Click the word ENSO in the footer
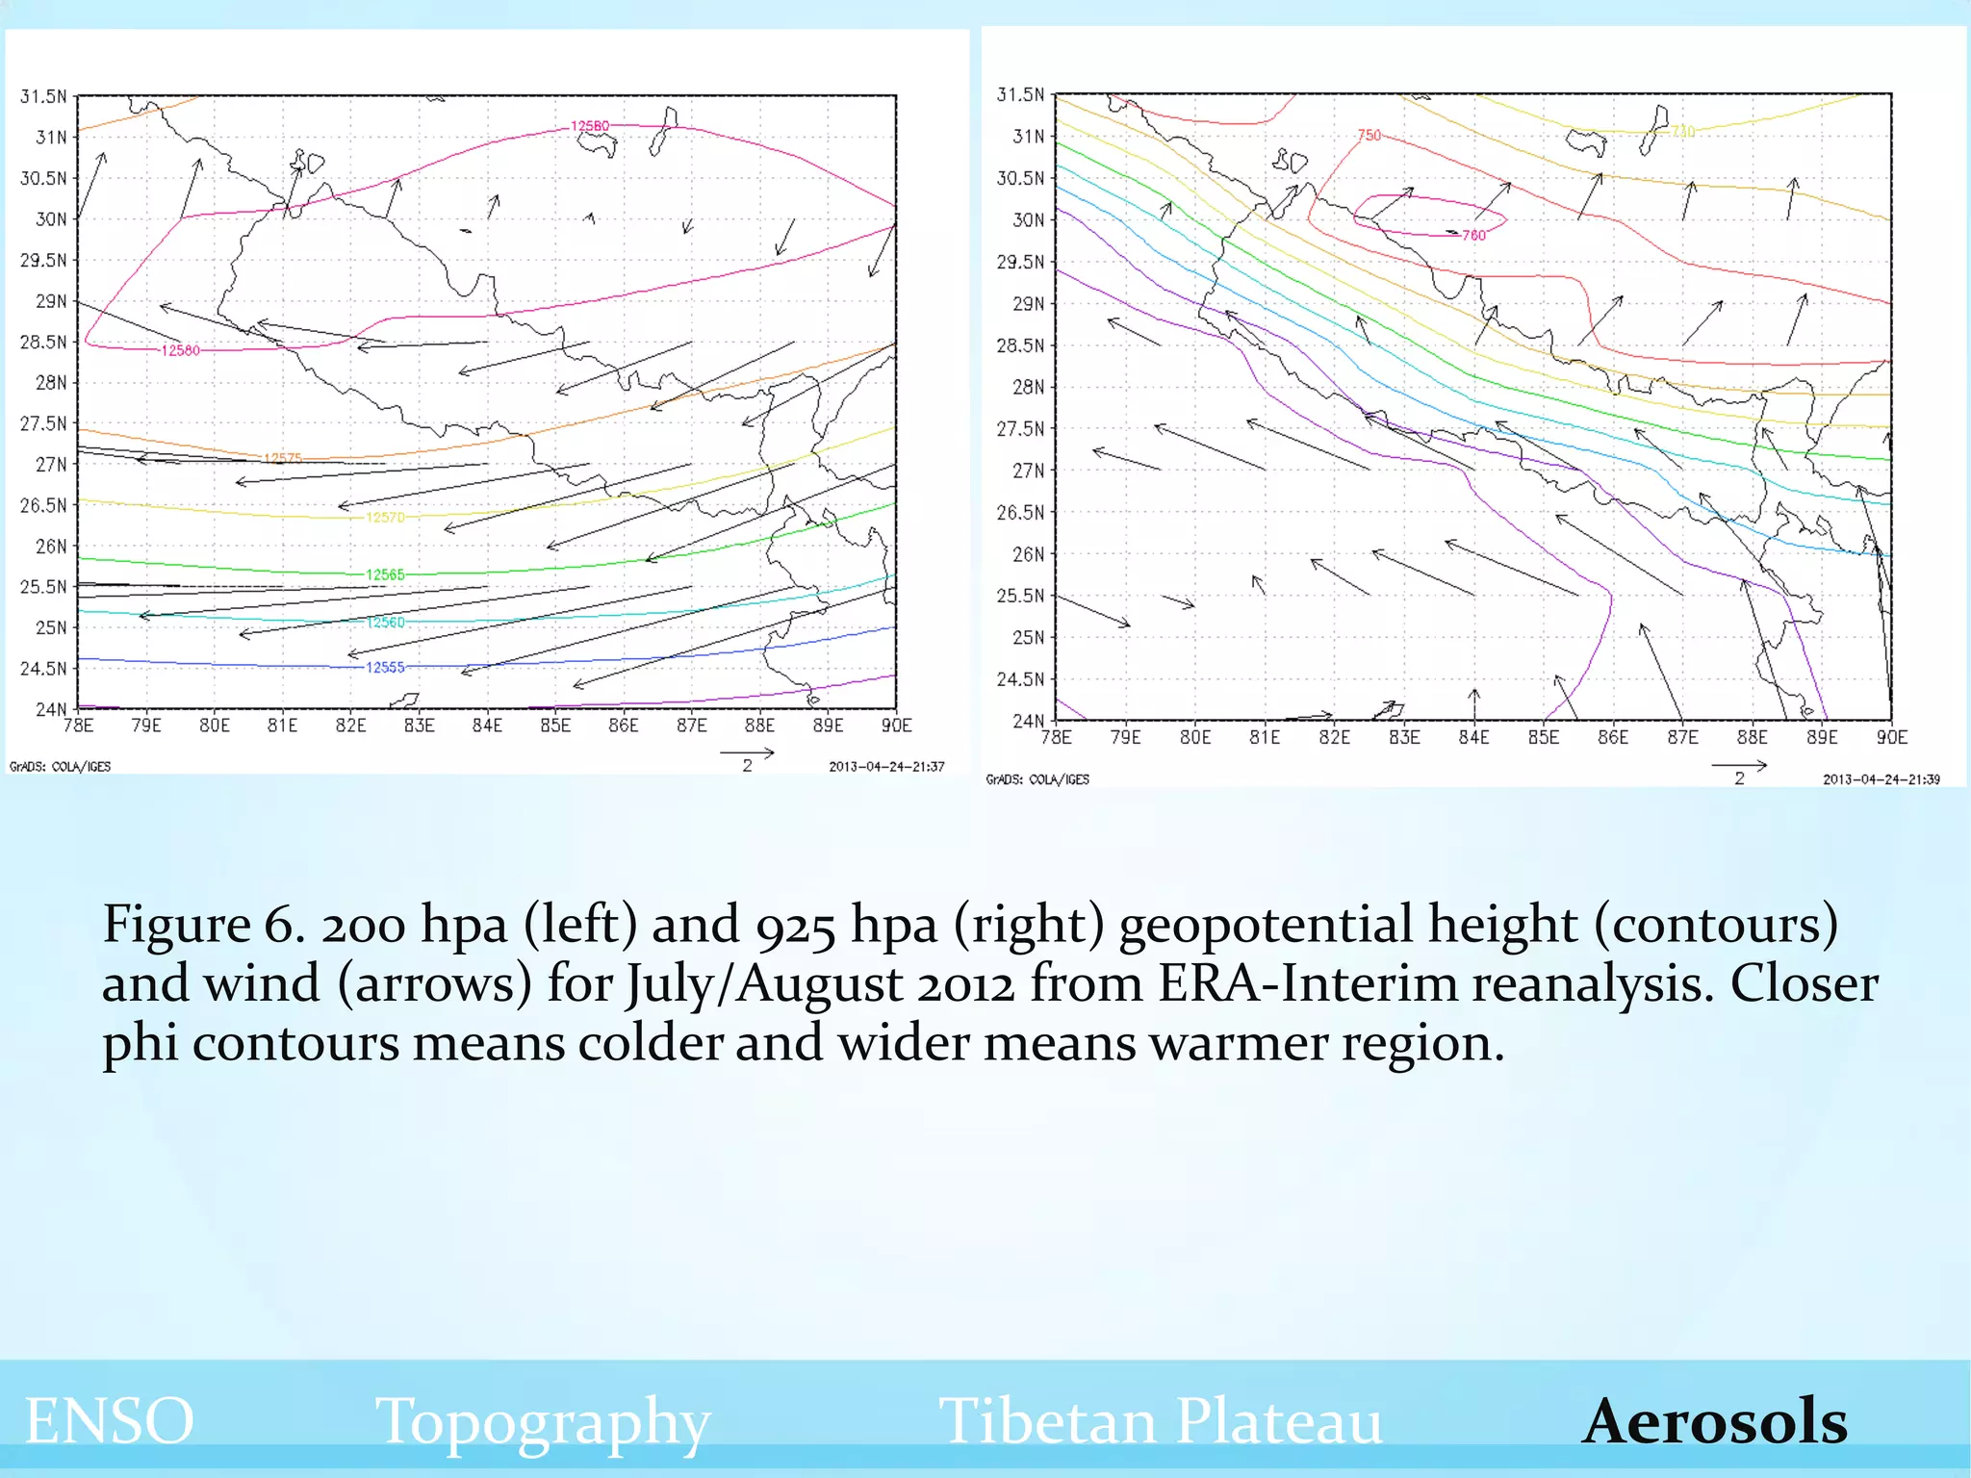tap(109, 1420)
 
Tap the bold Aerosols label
tap(1714, 1420)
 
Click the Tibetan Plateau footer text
tap(1160, 1420)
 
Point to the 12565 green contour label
tap(385, 574)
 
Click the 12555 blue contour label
tap(385, 667)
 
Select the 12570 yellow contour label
tap(385, 518)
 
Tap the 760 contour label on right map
tap(1473, 235)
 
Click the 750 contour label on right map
tap(1369, 136)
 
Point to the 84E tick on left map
tap(487, 726)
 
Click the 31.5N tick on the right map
tap(1019, 94)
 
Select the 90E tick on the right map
tap(1890, 737)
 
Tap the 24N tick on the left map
tap(50, 709)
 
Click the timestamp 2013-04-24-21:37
tap(886, 767)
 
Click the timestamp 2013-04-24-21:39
tap(1881, 779)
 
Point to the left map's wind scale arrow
tap(747, 753)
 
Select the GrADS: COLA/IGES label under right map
tap(1037, 779)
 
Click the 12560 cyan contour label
tap(385, 623)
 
